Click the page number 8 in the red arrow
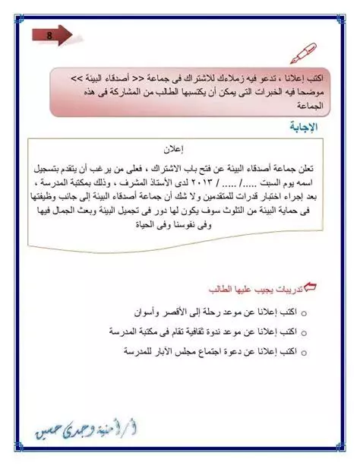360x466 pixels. [49, 34]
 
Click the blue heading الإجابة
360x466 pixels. [311, 127]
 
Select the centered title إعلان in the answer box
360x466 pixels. [176, 149]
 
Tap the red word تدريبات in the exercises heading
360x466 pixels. [294, 289]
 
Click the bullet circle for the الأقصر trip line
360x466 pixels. [304, 312]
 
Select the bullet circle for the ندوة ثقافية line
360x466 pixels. [304, 333]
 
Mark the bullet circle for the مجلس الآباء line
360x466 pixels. [304, 353]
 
